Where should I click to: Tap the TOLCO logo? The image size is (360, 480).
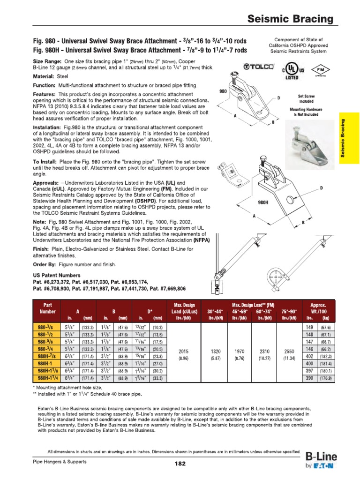tap(255, 67)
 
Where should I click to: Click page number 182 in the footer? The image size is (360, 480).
tap(180, 464)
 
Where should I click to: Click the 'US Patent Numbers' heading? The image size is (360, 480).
tap(57, 276)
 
